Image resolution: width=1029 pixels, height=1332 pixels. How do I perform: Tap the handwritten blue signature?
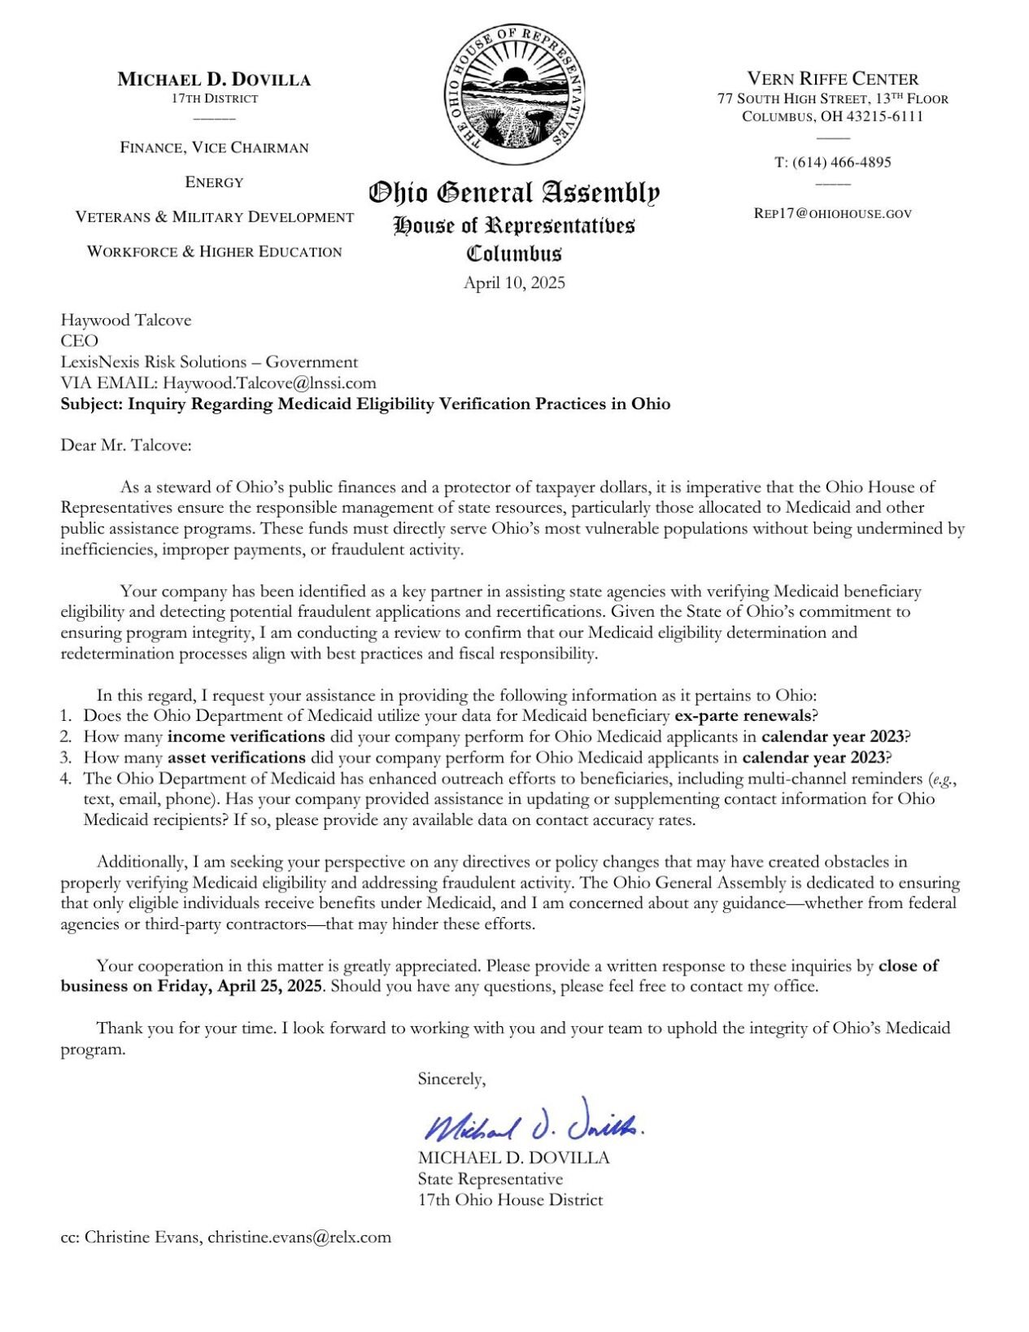[533, 1122]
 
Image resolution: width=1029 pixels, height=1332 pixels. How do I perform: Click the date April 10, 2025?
[514, 283]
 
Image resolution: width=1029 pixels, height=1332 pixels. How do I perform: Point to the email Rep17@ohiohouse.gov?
[832, 213]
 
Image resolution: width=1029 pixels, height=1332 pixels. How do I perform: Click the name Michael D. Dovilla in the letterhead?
[214, 80]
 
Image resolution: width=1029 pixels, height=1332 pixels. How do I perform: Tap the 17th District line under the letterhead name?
[214, 98]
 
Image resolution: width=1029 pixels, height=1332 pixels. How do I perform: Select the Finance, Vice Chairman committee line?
[214, 147]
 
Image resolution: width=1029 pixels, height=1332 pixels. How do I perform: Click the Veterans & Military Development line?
[214, 217]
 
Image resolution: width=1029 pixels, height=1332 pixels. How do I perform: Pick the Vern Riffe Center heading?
[832, 79]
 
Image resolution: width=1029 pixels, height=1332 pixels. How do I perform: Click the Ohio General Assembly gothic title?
[514, 194]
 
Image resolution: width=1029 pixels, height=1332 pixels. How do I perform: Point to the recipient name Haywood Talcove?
[126, 320]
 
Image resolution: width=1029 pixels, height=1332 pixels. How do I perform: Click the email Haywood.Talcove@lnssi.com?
[269, 383]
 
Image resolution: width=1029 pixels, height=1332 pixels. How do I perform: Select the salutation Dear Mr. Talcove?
[126, 445]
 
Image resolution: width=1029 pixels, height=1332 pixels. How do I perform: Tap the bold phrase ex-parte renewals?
[743, 716]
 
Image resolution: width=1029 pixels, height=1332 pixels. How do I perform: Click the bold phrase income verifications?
[246, 736]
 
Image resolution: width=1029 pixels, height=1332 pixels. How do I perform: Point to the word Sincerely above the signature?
[451, 1079]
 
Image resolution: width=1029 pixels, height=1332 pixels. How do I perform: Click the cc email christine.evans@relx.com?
[299, 1238]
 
